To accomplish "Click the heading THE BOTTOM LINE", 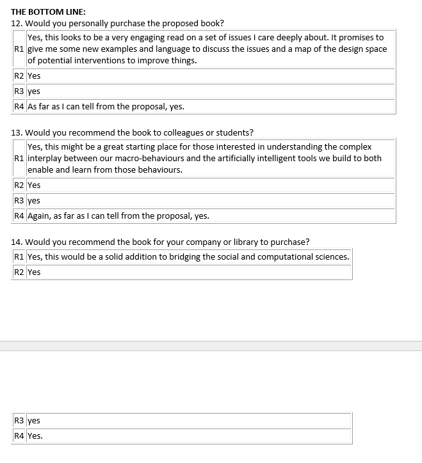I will tap(49, 12).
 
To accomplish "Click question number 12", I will tap(17, 24).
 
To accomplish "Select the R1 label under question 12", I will tap(19, 49).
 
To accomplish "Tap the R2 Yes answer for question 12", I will tap(34, 75).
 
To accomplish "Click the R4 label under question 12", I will tap(19, 107).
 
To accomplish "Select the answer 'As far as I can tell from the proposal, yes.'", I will tap(106, 107).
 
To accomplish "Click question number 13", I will tap(17, 133).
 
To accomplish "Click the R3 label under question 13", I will tap(19, 200).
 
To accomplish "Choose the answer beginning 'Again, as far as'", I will tap(118, 216).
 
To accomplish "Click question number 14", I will tap(17, 242).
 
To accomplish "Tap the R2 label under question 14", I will tap(19, 272).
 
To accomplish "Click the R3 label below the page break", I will tap(19, 421).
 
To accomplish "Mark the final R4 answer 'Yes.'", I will tap(35, 436).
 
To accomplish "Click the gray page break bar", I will tap(211, 346).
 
